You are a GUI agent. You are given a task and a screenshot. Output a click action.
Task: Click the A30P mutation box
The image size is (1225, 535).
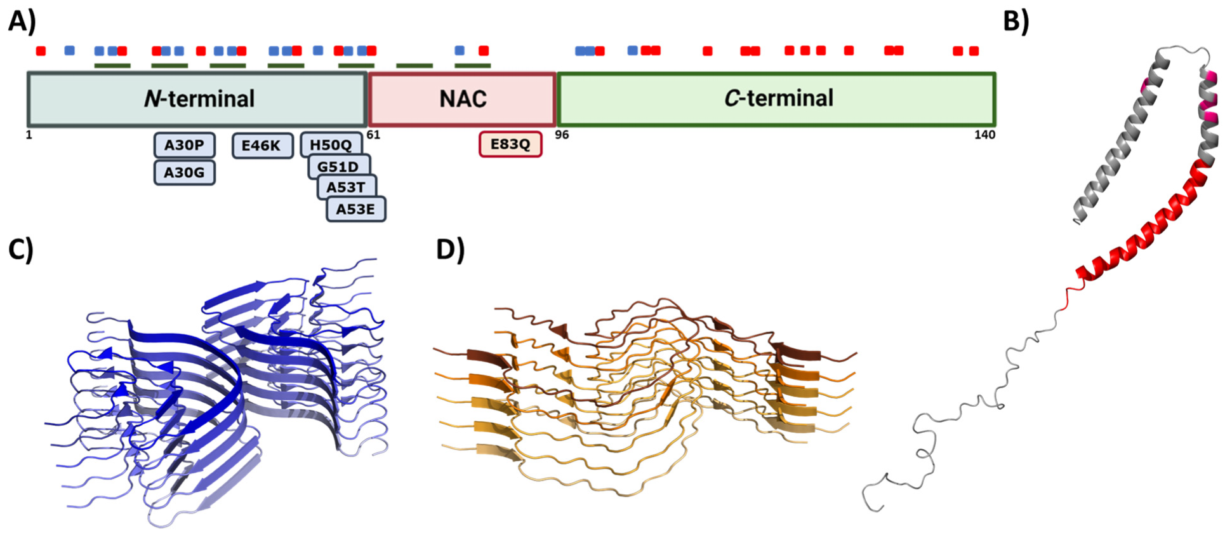pyautogui.click(x=184, y=145)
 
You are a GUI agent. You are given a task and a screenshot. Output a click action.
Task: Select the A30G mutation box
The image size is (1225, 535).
pyautogui.click(x=184, y=172)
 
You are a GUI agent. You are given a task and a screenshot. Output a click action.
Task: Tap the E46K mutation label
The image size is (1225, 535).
pyautogui.click(x=261, y=146)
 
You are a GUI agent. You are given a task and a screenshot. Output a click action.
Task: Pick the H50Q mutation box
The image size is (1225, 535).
pyautogui.click(x=330, y=144)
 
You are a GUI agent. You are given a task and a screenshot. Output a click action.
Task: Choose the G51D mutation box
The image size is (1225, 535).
pyautogui.click(x=338, y=166)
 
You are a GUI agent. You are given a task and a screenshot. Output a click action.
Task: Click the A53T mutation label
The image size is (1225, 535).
pyautogui.click(x=346, y=187)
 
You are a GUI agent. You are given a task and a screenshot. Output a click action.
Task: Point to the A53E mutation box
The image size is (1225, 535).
pyautogui.click(x=355, y=209)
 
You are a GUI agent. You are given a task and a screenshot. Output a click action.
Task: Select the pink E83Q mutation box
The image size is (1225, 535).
pyautogui.click(x=510, y=144)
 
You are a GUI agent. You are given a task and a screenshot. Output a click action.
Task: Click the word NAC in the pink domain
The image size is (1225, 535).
pyautogui.click(x=463, y=99)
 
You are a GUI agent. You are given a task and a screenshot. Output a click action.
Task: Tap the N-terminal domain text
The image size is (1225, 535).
pyautogui.click(x=199, y=99)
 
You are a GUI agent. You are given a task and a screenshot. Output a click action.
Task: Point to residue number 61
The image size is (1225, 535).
pyautogui.click(x=373, y=135)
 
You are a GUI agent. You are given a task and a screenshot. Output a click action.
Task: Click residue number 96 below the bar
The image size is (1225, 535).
pyautogui.click(x=562, y=135)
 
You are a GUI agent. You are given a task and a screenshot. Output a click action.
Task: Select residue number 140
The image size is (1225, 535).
pyautogui.click(x=984, y=135)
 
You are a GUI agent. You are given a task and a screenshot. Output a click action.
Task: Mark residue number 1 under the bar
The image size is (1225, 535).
pyautogui.click(x=29, y=135)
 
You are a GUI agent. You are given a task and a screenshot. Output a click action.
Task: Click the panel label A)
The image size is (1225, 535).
pyautogui.click(x=22, y=22)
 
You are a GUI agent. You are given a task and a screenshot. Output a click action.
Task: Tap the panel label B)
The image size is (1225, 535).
pyautogui.click(x=1016, y=22)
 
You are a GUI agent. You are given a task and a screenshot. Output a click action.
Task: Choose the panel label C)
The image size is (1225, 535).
pyautogui.click(x=20, y=250)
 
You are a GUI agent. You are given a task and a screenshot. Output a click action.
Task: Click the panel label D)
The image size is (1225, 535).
pyautogui.click(x=450, y=250)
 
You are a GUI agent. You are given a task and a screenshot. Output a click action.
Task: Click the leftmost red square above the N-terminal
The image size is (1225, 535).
pyautogui.click(x=41, y=51)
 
